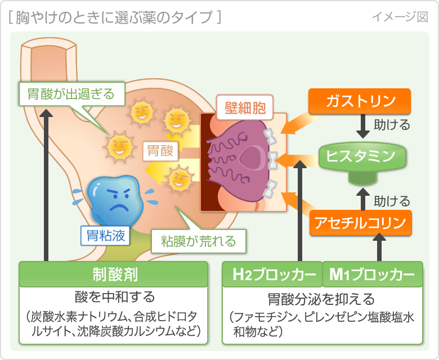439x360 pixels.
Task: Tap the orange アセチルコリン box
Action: (x=361, y=223)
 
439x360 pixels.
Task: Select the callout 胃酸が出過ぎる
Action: (x=71, y=93)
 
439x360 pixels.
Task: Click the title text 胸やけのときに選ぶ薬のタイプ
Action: (x=115, y=17)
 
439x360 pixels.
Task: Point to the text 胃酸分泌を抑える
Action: (x=322, y=298)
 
